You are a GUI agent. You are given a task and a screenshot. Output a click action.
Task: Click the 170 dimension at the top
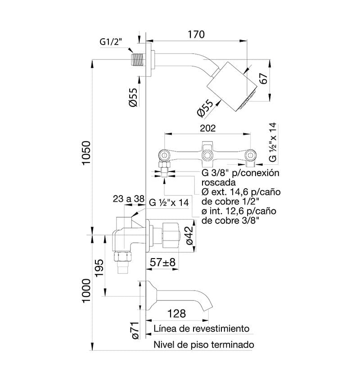tap(196, 34)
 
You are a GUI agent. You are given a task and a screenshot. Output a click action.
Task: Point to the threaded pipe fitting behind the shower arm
tap(138, 59)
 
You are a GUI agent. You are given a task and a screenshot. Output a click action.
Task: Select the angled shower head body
tap(232, 86)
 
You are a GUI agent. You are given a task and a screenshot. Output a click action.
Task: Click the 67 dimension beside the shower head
tap(264, 78)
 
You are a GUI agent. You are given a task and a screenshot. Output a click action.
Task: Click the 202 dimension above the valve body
tap(207, 128)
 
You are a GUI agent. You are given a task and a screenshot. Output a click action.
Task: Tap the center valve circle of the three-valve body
tap(207, 155)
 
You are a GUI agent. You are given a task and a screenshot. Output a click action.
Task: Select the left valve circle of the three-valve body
tap(165, 155)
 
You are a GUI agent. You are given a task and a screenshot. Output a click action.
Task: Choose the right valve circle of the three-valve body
tap(250, 155)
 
